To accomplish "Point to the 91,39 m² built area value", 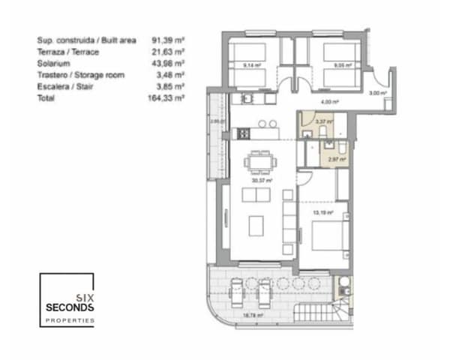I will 168,40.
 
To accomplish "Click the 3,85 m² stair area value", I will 168,86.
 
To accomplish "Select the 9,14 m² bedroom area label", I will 252,65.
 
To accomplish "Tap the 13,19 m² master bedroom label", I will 322,212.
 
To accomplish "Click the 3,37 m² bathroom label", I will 323,121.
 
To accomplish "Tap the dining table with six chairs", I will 262,161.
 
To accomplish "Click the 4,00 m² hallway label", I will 326,101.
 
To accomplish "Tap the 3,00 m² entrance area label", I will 377,94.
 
